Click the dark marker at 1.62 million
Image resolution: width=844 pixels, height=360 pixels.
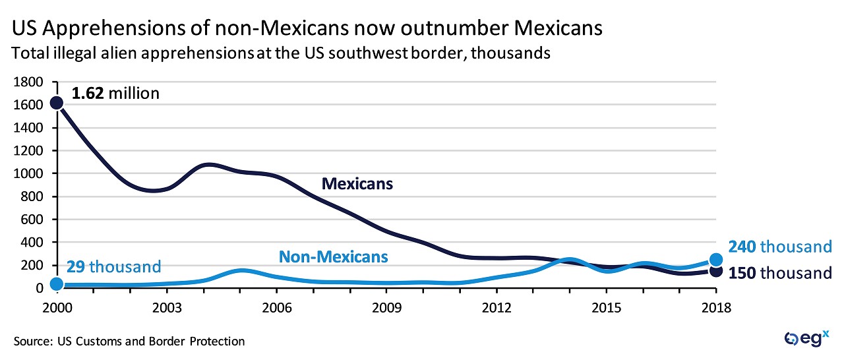click(x=57, y=102)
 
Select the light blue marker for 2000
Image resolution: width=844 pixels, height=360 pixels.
click(x=57, y=284)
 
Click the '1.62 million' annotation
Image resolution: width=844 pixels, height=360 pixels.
click(x=115, y=94)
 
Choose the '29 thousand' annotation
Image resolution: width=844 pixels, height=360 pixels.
click(x=113, y=266)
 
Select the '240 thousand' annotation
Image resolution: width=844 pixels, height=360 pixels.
click(x=780, y=247)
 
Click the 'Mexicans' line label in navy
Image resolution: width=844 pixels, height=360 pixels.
click(x=357, y=184)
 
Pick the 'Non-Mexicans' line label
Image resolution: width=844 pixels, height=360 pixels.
click(x=333, y=256)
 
